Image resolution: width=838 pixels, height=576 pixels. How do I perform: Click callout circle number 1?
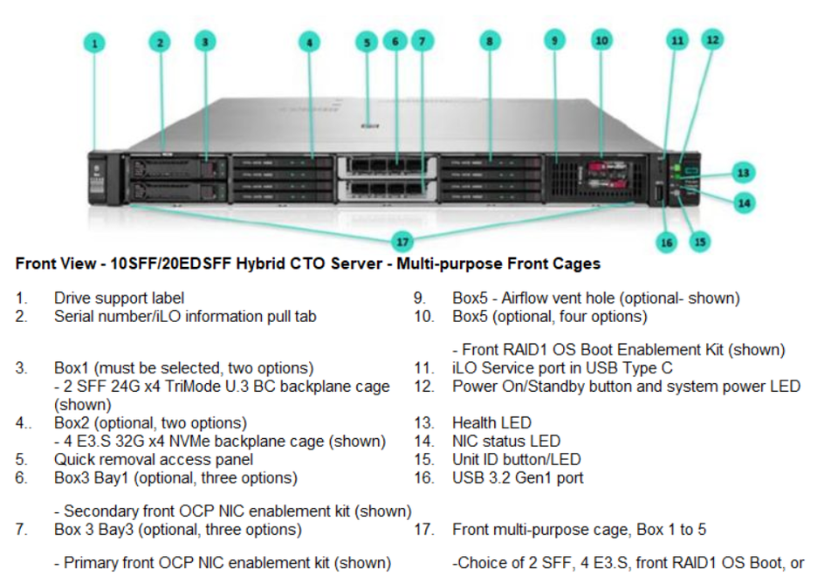tap(94, 44)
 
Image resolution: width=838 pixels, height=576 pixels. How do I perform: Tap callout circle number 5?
tap(367, 42)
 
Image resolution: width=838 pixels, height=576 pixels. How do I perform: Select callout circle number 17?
tap(402, 242)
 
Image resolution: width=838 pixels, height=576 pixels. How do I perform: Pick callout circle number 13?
tap(744, 173)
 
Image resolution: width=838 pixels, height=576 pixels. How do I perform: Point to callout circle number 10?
tap(601, 41)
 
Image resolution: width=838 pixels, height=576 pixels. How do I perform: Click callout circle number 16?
tap(666, 243)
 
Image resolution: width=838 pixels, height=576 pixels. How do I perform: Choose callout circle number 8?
tap(490, 41)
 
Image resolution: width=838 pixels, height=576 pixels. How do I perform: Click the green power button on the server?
tap(677, 168)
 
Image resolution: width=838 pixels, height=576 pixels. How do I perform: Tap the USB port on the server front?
tap(659, 195)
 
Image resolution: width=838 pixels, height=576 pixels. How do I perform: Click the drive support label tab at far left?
tap(97, 177)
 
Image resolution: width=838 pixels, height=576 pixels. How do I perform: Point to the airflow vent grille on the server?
tap(562, 177)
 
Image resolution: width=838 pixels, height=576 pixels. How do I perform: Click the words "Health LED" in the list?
tap(491, 422)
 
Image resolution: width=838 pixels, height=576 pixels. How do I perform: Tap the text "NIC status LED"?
tap(506, 441)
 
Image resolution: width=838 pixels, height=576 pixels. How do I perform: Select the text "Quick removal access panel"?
tap(154, 460)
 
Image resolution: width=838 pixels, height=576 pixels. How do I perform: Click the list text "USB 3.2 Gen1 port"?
tap(518, 477)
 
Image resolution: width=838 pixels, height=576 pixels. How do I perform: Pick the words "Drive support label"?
tap(120, 298)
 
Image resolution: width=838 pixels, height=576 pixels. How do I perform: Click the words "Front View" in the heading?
tap(56, 264)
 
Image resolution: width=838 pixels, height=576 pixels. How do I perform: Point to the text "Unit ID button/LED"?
tap(516, 460)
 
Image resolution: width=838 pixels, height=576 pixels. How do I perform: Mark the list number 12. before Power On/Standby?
tap(424, 387)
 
